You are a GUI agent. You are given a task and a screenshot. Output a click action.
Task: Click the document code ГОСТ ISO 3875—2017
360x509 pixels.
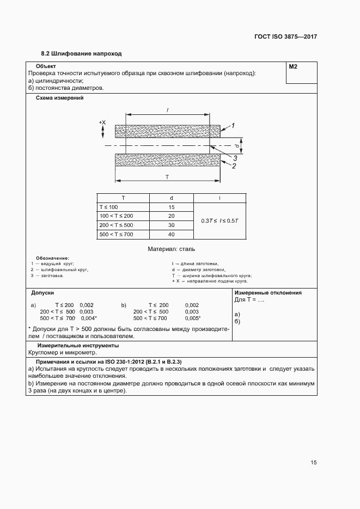(285, 37)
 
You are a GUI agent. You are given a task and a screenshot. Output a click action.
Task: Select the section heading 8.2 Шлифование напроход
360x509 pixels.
(81, 54)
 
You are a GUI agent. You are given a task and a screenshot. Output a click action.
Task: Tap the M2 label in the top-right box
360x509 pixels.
(293, 66)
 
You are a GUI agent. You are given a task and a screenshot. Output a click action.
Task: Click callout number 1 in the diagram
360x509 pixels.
(232, 126)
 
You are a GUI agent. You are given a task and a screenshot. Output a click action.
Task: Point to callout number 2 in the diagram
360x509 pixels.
(233, 166)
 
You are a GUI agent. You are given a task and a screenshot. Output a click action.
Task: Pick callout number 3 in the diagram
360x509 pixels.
(235, 158)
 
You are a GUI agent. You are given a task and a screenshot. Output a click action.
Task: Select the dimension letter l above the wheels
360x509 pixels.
(167, 110)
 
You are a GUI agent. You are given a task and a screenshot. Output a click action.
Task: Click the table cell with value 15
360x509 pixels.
(171, 207)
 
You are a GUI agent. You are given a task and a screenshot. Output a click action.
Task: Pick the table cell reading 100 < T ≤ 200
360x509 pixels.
(115, 216)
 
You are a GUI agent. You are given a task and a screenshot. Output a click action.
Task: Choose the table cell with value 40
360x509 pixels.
(171, 234)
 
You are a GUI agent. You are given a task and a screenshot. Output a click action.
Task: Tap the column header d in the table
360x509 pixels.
(171, 198)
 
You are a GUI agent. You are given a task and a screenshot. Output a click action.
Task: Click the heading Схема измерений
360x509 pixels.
(59, 99)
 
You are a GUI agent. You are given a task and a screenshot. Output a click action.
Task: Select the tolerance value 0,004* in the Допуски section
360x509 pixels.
(89, 318)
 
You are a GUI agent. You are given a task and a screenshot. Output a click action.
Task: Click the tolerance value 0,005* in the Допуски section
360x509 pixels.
(193, 318)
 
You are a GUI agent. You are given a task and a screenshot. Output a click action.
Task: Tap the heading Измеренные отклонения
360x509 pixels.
(268, 293)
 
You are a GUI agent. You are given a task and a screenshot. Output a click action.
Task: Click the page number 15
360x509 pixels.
(313, 463)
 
